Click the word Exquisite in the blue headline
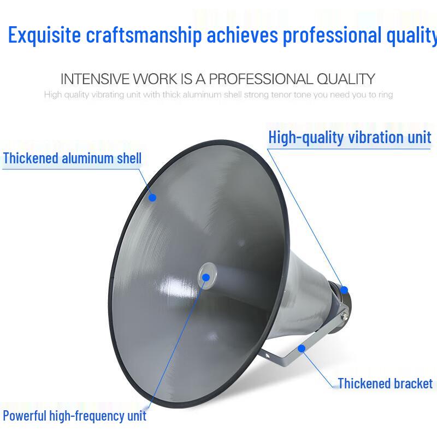click(x=44, y=36)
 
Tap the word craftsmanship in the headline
click(x=144, y=36)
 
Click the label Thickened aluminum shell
click(x=72, y=159)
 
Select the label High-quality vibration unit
click(x=350, y=137)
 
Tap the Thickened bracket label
click(x=385, y=383)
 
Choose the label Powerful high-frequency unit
click(x=74, y=416)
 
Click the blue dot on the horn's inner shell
click(x=152, y=197)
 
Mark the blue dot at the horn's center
click(x=206, y=277)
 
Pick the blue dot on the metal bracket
click(x=302, y=348)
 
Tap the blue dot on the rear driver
click(x=344, y=290)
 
